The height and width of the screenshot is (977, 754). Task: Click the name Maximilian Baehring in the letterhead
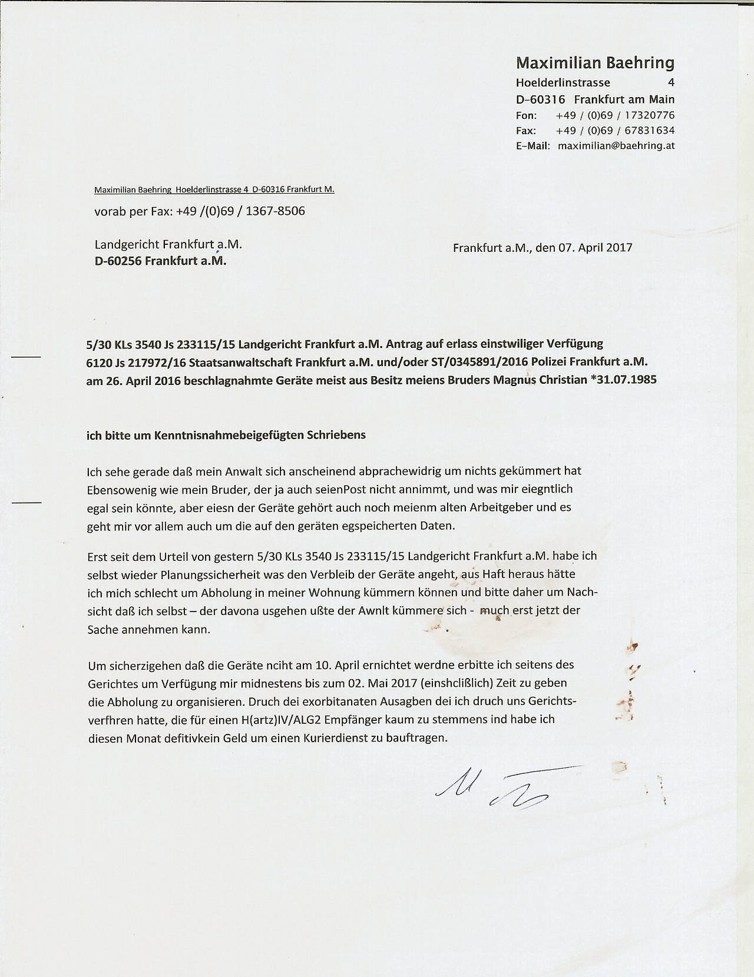[x=595, y=62]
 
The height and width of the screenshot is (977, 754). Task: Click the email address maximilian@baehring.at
[x=616, y=145]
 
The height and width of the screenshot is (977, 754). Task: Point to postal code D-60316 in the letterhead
[x=540, y=99]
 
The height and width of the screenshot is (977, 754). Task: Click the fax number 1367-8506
[x=275, y=211]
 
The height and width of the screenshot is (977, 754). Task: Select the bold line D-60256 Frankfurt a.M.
[x=160, y=261]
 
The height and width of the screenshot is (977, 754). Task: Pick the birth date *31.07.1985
[x=623, y=380]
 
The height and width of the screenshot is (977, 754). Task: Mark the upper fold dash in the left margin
[x=27, y=357]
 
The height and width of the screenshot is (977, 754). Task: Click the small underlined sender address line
[x=214, y=190]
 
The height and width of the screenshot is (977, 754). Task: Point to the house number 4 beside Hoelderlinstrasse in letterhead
[x=671, y=82]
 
